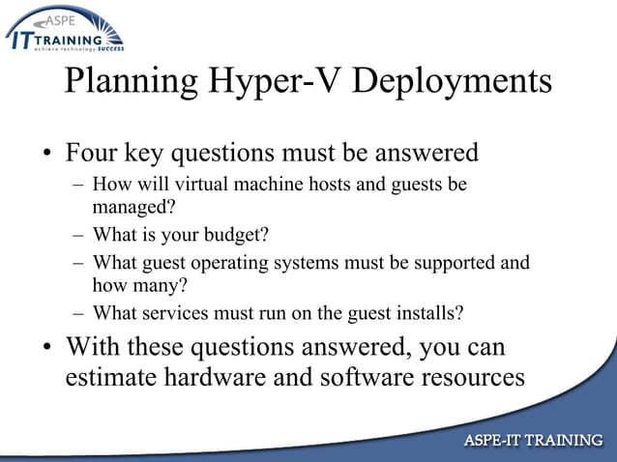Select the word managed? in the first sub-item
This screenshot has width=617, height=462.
133,206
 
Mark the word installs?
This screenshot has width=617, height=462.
428,313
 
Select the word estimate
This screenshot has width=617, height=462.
114,377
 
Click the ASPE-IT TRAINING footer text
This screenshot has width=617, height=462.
534,441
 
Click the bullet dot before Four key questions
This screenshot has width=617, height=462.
44,156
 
